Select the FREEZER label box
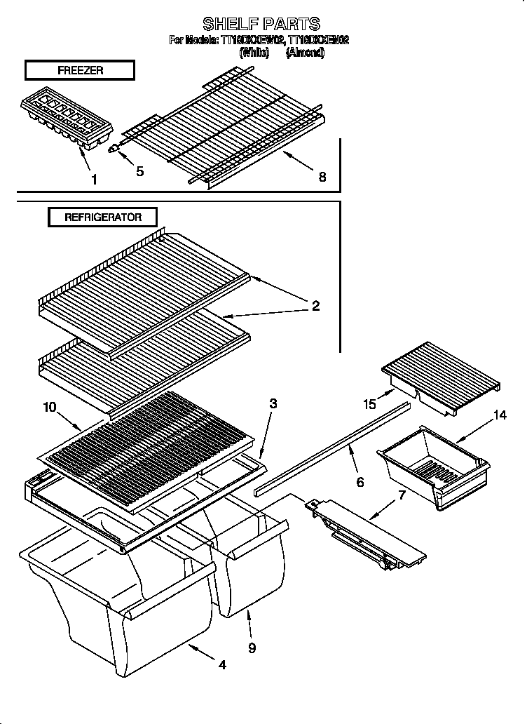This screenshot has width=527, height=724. [79, 69]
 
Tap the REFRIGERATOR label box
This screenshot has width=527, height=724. [102, 217]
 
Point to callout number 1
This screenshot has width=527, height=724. [93, 179]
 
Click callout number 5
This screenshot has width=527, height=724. [140, 171]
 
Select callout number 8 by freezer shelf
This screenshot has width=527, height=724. [322, 177]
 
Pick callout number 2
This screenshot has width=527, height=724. [315, 305]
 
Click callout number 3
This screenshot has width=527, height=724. [273, 403]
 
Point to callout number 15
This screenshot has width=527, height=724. [369, 403]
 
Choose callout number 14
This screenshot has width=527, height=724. [499, 415]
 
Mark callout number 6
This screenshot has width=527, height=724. [360, 482]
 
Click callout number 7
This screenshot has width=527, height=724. [402, 495]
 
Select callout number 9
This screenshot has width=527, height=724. [252, 648]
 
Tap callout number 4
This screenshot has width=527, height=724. [221, 664]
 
